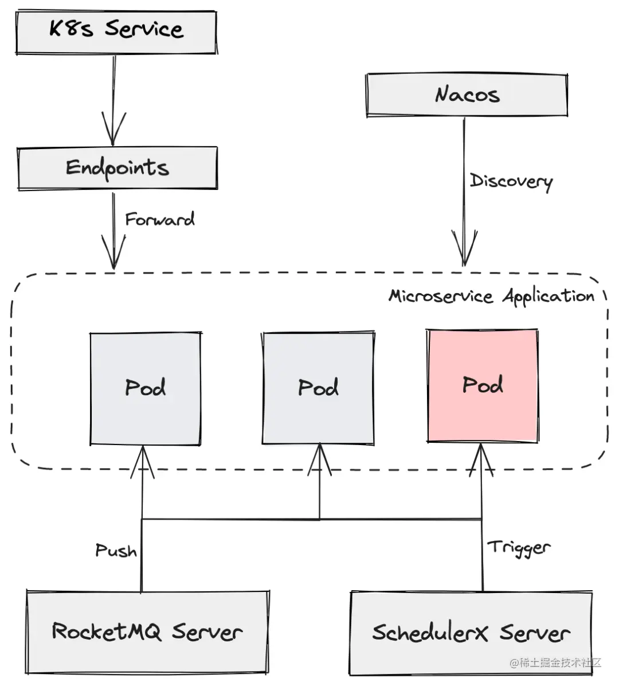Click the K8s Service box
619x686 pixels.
(x=116, y=32)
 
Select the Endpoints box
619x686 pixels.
(x=117, y=169)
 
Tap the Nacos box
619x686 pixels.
(x=467, y=95)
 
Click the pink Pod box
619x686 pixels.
(x=483, y=385)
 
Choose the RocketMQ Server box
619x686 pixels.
(x=147, y=632)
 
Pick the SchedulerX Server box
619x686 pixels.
(x=471, y=633)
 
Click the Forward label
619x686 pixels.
(x=159, y=219)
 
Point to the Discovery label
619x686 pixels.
(x=511, y=181)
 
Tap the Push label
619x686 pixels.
(x=116, y=551)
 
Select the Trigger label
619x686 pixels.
(x=519, y=547)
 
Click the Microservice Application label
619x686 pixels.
(x=491, y=297)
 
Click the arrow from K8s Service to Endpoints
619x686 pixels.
(x=113, y=100)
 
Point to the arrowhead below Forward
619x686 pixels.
(x=113, y=252)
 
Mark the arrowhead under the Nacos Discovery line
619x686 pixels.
(x=464, y=248)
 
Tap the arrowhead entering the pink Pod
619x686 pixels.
(x=481, y=460)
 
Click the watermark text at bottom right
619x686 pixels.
(x=555, y=662)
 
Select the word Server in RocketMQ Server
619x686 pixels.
(x=207, y=632)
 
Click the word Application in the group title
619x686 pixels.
(x=549, y=297)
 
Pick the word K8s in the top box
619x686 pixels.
(x=71, y=29)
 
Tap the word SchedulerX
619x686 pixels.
(x=430, y=633)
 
